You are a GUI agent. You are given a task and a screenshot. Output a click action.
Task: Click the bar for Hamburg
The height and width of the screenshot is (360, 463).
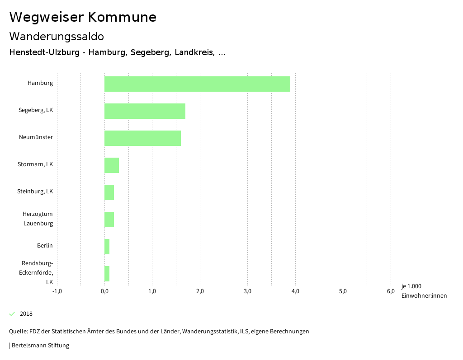pyautogui.click(x=197, y=84)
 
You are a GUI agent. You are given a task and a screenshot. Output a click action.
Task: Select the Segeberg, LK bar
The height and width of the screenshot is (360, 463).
pyautogui.click(x=145, y=111)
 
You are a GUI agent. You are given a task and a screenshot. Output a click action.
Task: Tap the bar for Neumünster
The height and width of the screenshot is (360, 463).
pyautogui.click(x=142, y=138)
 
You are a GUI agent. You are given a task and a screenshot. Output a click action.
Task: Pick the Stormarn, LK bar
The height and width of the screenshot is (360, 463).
pyautogui.click(x=112, y=165)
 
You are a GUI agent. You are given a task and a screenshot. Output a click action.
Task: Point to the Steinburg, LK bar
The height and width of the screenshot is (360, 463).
pyautogui.click(x=109, y=192)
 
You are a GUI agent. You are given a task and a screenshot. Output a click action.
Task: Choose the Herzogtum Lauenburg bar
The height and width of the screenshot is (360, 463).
pyautogui.click(x=109, y=220)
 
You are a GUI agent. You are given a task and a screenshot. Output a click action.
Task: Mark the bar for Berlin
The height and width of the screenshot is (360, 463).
pyautogui.click(x=107, y=247)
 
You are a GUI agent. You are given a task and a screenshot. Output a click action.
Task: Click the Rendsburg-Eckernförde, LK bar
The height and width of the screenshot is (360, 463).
pyautogui.click(x=107, y=274)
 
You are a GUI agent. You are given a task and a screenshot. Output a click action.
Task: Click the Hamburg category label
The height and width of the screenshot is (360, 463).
pyautogui.click(x=40, y=83)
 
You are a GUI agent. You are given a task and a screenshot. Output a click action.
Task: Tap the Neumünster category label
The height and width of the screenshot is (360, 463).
pyautogui.click(x=36, y=137)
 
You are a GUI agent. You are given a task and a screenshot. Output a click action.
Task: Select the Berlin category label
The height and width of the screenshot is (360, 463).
pyautogui.click(x=45, y=246)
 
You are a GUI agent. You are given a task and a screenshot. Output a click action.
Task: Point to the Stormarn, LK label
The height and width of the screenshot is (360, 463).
pyautogui.click(x=35, y=164)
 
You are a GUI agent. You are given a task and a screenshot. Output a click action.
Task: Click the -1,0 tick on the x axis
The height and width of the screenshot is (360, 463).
pyautogui.click(x=57, y=291)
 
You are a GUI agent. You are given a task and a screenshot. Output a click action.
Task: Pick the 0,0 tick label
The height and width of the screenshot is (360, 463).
pyautogui.click(x=104, y=291)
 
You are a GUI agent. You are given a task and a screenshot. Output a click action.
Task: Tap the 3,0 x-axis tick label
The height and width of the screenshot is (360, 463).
pyautogui.click(x=247, y=291)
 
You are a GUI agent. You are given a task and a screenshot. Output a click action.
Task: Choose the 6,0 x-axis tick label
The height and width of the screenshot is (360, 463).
pyautogui.click(x=390, y=291)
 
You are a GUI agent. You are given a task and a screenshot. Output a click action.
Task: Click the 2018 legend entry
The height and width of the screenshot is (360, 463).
pyautogui.click(x=26, y=313)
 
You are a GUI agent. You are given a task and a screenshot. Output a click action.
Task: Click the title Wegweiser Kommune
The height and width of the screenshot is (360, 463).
pyautogui.click(x=83, y=17)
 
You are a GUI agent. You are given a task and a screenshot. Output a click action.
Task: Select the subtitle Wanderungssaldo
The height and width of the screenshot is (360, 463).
pyautogui.click(x=57, y=36)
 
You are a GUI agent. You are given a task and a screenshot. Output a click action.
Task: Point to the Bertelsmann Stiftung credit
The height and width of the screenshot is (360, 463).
pyautogui.click(x=40, y=346)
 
